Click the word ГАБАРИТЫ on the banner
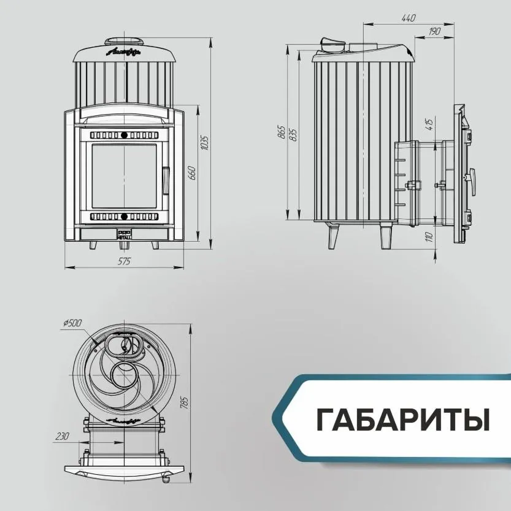click(x=403, y=419)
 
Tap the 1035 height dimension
click(x=205, y=142)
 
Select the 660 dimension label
click(x=191, y=173)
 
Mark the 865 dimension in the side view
click(x=282, y=132)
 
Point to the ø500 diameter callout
click(x=72, y=323)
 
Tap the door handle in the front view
click(x=164, y=179)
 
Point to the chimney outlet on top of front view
click(x=125, y=42)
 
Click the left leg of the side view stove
click(x=333, y=236)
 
